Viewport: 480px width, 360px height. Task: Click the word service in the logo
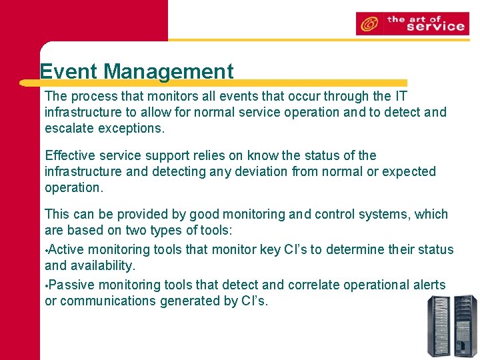pyautogui.click(x=435, y=27)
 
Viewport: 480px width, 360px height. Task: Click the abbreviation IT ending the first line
pyautogui.click(x=400, y=97)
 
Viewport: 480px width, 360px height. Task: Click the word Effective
pyautogui.click(x=69, y=155)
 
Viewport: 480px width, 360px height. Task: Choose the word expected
pyautogui.click(x=407, y=171)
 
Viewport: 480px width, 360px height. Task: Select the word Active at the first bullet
pyautogui.click(x=66, y=250)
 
